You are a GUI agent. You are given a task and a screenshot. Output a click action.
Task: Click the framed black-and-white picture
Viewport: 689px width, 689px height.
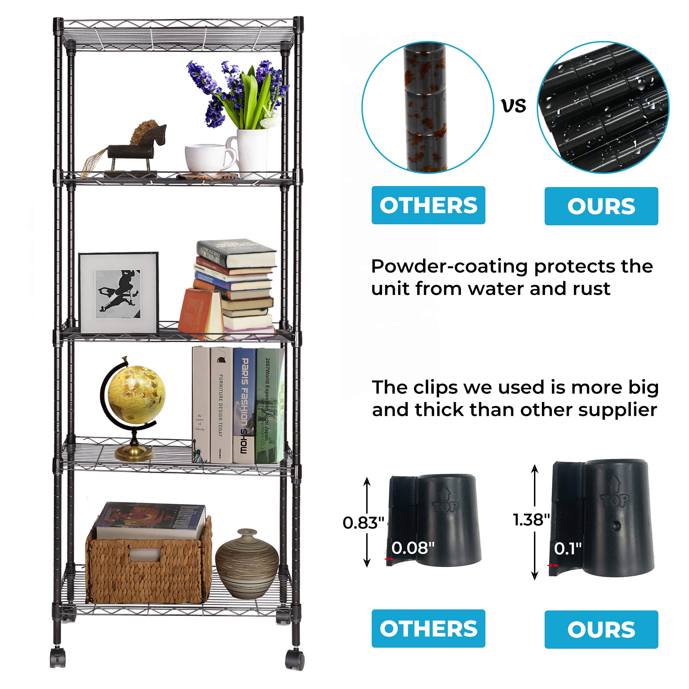[x=119, y=292]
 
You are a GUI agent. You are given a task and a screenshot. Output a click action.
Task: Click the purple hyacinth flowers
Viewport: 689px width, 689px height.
[x=235, y=89]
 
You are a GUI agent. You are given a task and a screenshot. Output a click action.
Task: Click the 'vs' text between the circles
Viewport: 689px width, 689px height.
[x=514, y=106]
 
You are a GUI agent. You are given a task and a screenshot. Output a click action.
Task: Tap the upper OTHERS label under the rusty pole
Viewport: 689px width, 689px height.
[x=428, y=205]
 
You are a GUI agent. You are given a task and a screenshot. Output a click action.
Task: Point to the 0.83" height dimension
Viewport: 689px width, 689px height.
[x=363, y=523]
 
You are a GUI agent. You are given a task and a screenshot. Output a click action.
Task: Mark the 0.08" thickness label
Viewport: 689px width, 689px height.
[x=413, y=548]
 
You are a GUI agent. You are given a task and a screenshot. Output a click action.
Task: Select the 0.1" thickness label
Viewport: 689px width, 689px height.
[x=568, y=548]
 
